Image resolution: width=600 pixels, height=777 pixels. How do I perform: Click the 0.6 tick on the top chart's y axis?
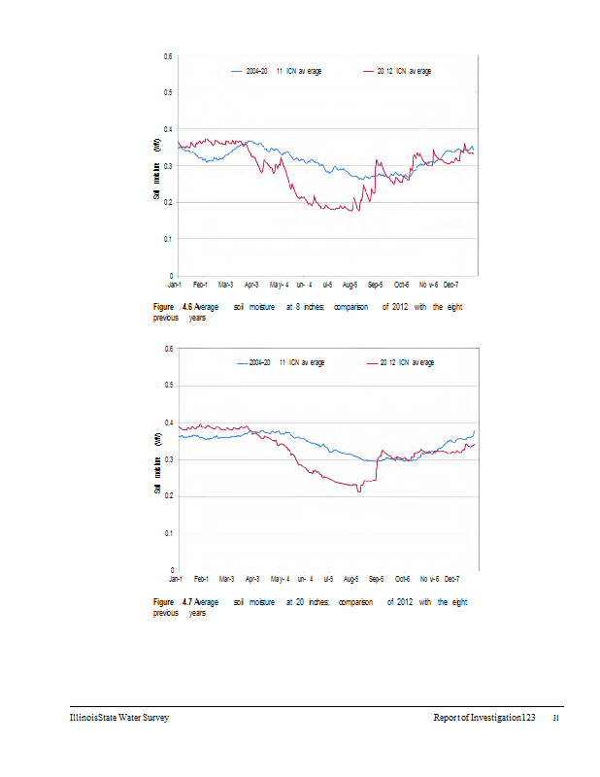pyautogui.click(x=168, y=56)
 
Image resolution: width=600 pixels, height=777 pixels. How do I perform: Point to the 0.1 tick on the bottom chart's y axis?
pyautogui.click(x=168, y=533)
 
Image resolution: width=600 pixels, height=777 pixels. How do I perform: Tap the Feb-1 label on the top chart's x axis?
pyautogui.click(x=200, y=286)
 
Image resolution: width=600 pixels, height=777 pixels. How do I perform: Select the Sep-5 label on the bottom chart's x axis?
pyautogui.click(x=376, y=578)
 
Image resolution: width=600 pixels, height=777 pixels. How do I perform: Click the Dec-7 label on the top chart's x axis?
pyautogui.click(x=452, y=286)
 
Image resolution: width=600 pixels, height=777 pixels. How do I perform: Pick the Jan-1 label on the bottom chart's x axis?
pyautogui.click(x=175, y=578)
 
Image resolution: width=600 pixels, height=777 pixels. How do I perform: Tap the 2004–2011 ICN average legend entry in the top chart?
pyautogui.click(x=276, y=72)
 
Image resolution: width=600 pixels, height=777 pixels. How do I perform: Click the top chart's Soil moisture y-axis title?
pyautogui.click(x=156, y=169)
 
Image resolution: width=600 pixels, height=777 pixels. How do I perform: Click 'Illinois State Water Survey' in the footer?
pyautogui.click(x=112, y=718)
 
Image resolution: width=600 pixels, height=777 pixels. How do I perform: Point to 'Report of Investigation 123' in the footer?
pyautogui.click(x=484, y=718)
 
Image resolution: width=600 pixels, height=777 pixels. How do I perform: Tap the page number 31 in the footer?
pyautogui.click(x=556, y=719)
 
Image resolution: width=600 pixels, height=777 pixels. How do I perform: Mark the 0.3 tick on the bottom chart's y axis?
pyautogui.click(x=168, y=459)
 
